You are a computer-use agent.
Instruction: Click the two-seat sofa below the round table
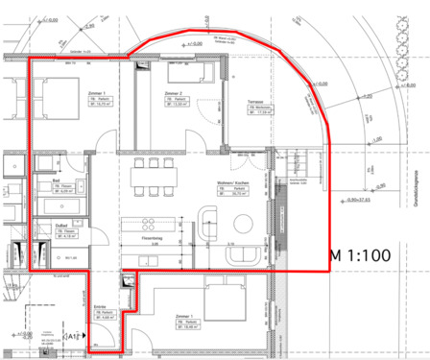pyautogui.click(x=240, y=257)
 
